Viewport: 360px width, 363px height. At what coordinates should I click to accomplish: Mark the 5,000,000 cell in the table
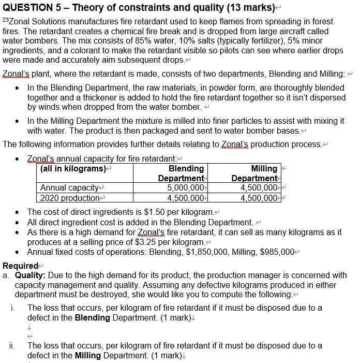pos(186,187)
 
